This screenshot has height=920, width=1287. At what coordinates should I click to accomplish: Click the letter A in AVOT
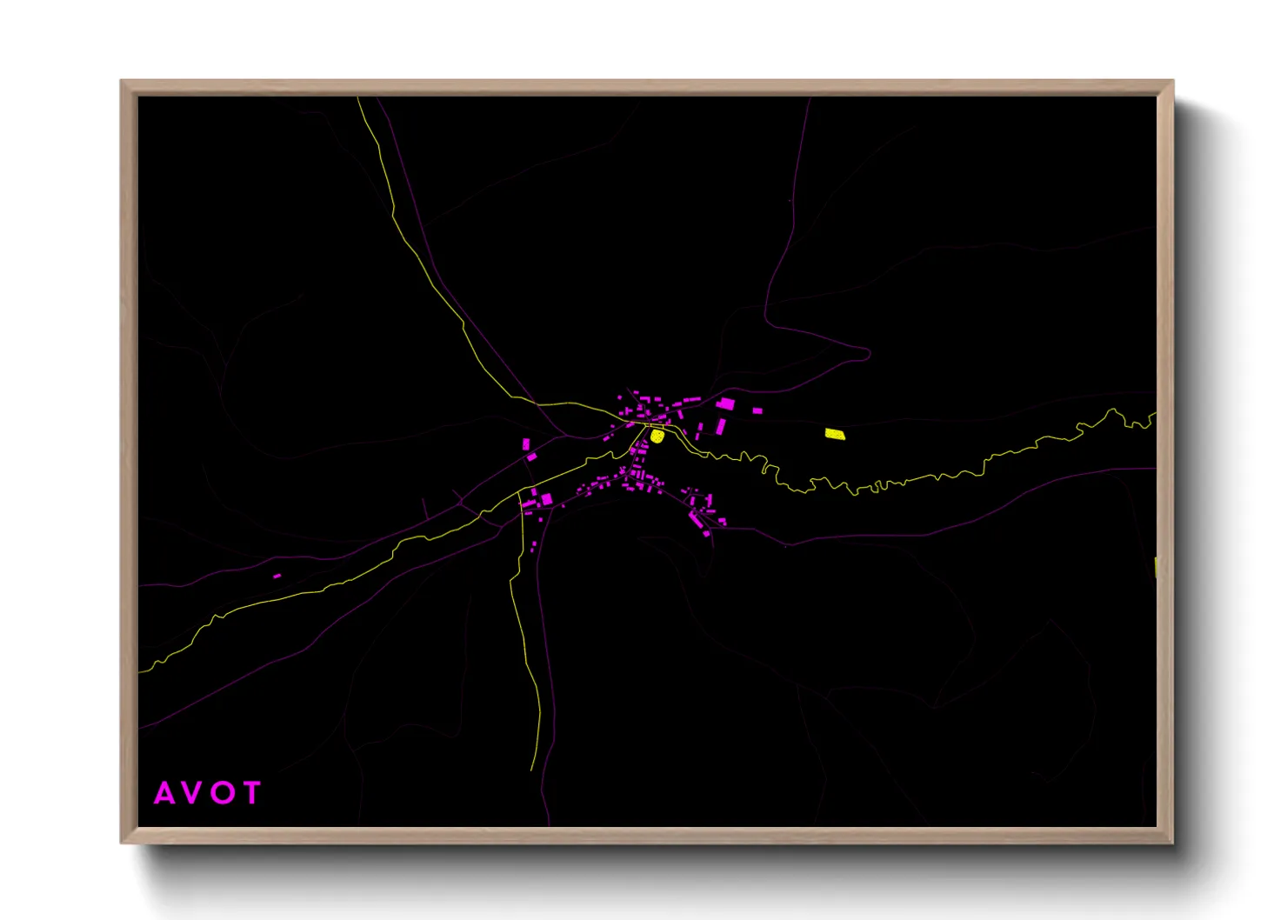pos(164,793)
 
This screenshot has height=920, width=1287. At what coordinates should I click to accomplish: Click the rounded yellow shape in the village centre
pos(657,436)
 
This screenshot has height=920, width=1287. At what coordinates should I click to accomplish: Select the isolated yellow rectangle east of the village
pos(835,434)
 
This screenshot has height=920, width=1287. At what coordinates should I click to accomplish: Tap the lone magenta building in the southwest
pos(277,576)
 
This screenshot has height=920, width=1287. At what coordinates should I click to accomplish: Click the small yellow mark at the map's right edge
pos(1155,567)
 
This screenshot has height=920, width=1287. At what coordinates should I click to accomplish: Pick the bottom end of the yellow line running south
pos(532,770)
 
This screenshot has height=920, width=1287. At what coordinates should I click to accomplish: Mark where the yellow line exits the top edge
pos(358,98)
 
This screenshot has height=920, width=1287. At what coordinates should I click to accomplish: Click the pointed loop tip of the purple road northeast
pos(868,352)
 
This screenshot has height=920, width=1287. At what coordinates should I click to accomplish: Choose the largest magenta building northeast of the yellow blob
pos(725,404)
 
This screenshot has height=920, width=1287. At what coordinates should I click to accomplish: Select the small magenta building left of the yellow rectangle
pos(757,410)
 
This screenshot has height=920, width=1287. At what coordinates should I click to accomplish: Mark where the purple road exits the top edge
pos(810,98)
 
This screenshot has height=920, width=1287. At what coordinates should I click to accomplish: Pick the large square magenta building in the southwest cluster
pos(547,499)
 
